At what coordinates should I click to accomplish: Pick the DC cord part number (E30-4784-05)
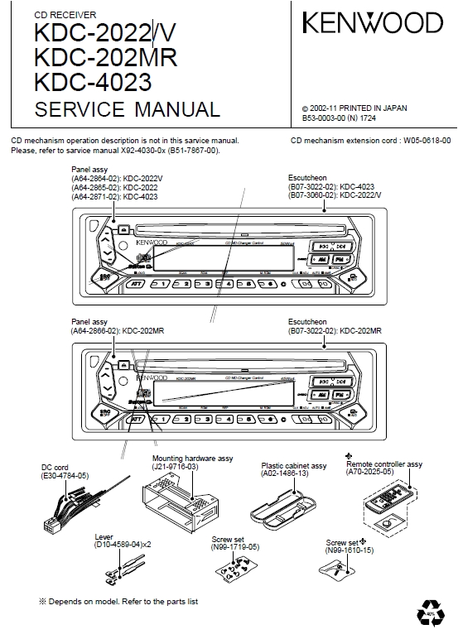65,477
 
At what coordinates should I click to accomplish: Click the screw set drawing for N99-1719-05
231,569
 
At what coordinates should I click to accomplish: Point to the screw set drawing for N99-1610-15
339,569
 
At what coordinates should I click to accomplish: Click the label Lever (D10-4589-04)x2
123,542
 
